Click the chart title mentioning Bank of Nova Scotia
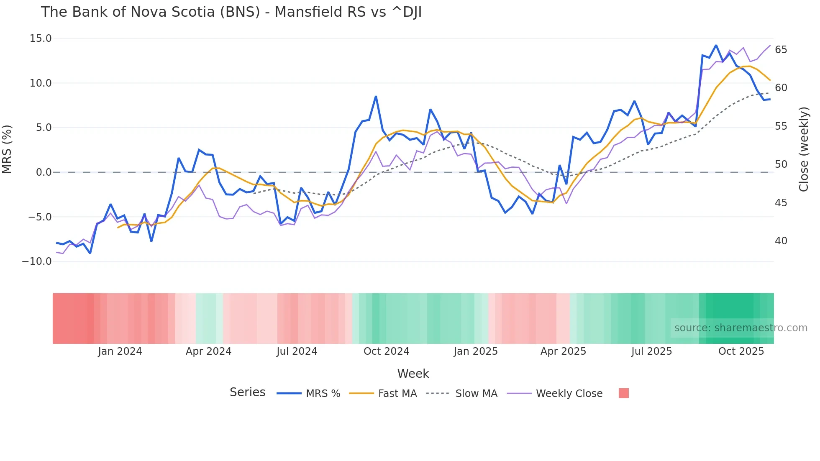click(231, 12)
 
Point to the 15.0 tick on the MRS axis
click(41, 38)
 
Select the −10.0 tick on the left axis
click(37, 261)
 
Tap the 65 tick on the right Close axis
click(781, 50)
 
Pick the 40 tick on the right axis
click(781, 241)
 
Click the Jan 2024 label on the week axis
click(120, 351)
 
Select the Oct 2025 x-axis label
click(741, 351)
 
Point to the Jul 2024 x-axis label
click(297, 351)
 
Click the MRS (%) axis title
click(7, 149)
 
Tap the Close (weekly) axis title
click(803, 149)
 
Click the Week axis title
click(413, 374)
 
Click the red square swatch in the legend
click(623, 393)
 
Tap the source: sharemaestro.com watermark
click(741, 328)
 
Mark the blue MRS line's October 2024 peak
click(376, 97)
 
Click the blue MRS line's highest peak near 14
click(716, 45)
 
